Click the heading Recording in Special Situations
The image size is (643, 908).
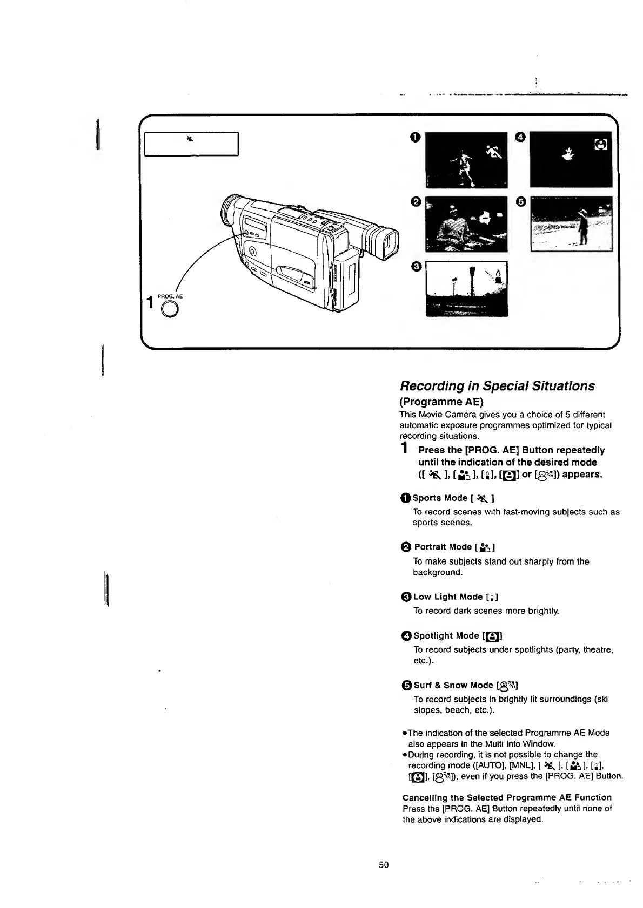(x=497, y=386)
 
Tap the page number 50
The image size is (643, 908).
(x=384, y=864)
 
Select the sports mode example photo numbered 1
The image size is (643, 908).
(x=466, y=160)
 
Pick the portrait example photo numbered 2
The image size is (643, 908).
(x=466, y=224)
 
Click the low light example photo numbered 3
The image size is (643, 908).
(x=466, y=288)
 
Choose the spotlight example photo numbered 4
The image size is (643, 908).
(x=571, y=160)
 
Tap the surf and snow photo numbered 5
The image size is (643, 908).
(x=571, y=224)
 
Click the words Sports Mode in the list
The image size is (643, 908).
(x=439, y=498)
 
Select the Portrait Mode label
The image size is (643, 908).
(x=443, y=547)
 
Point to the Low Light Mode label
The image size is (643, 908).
(x=447, y=597)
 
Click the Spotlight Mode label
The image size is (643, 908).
(x=446, y=635)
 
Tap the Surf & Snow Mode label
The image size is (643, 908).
(x=453, y=685)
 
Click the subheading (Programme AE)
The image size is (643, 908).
(x=441, y=402)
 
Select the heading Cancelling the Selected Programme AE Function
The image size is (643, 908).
(x=507, y=797)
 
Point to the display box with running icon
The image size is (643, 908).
(x=191, y=144)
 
